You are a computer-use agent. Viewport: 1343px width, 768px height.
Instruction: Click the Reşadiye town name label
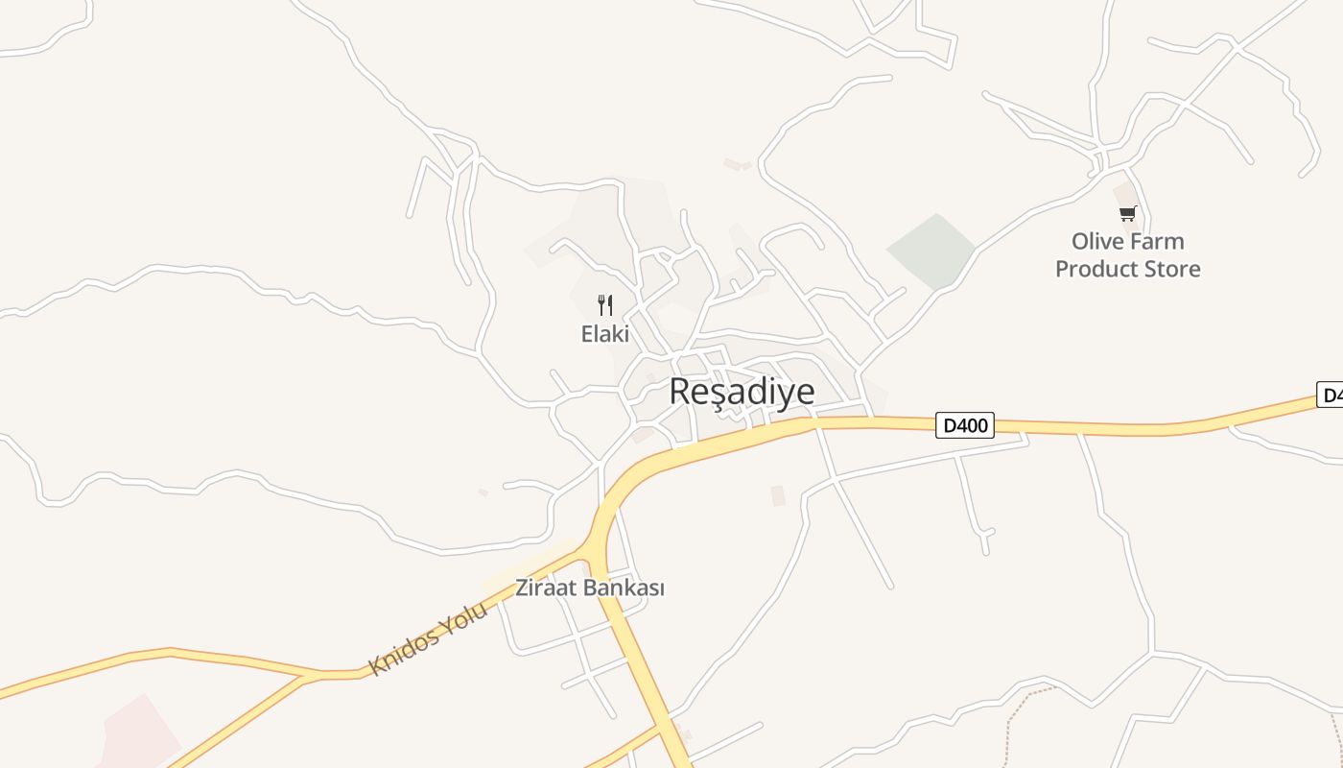(742, 392)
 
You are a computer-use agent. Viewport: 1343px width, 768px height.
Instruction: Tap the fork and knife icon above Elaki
(605, 305)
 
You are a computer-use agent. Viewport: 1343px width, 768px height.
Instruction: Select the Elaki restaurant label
(605, 334)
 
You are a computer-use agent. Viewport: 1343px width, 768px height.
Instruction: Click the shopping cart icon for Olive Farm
(1127, 213)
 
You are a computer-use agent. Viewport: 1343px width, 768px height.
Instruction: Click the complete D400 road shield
(965, 424)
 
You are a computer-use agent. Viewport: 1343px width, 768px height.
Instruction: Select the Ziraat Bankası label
(590, 588)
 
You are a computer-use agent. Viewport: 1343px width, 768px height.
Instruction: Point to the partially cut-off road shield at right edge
(1331, 395)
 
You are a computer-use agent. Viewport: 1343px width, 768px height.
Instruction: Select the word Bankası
(624, 588)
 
